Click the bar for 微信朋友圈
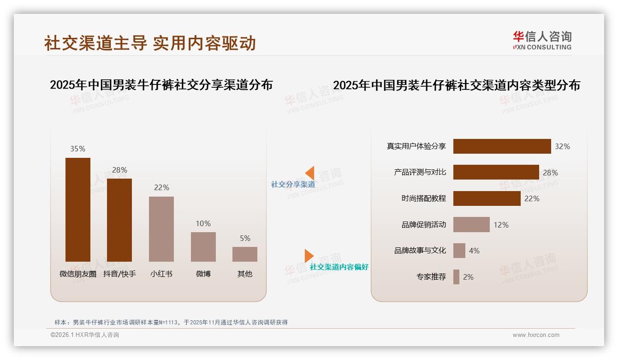(78, 210)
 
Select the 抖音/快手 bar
(119, 220)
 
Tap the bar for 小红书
(161, 229)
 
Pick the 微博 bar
(203, 246)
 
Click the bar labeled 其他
(245, 254)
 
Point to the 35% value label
(77, 149)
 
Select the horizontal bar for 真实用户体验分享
(502, 146)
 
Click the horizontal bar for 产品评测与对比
(496, 172)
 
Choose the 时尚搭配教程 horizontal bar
(487, 198)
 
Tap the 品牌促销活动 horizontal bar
(471, 225)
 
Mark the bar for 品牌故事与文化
(459, 251)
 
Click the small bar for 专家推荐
(456, 277)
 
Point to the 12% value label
(501, 225)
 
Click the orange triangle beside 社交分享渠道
(310, 173)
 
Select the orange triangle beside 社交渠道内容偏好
(309, 256)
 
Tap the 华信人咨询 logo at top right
(542, 40)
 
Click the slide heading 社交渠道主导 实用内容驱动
(150, 43)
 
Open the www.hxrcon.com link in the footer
(536, 335)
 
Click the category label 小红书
(161, 274)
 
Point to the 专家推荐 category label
(431, 277)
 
